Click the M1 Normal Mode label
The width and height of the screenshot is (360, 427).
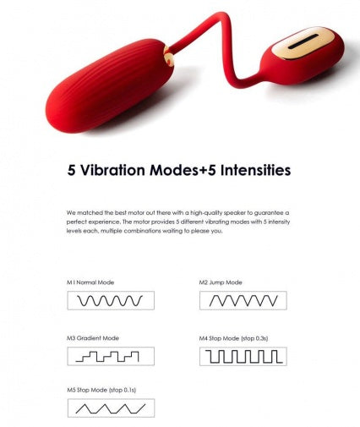90,282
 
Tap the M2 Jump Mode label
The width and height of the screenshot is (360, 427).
221,282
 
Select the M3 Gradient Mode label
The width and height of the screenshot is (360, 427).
93,338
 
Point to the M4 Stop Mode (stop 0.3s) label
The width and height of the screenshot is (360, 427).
233,338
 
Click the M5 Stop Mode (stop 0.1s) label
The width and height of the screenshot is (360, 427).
101,390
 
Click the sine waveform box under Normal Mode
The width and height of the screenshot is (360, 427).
111,300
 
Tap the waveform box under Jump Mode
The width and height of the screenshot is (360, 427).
243,300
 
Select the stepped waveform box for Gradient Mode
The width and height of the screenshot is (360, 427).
111,356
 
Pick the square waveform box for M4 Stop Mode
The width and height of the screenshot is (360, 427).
243,356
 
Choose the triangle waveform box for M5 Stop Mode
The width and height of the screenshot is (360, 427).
111,408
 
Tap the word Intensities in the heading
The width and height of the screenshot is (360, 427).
255,170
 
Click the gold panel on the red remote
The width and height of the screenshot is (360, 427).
303,42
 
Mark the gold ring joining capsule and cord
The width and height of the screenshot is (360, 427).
169,57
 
